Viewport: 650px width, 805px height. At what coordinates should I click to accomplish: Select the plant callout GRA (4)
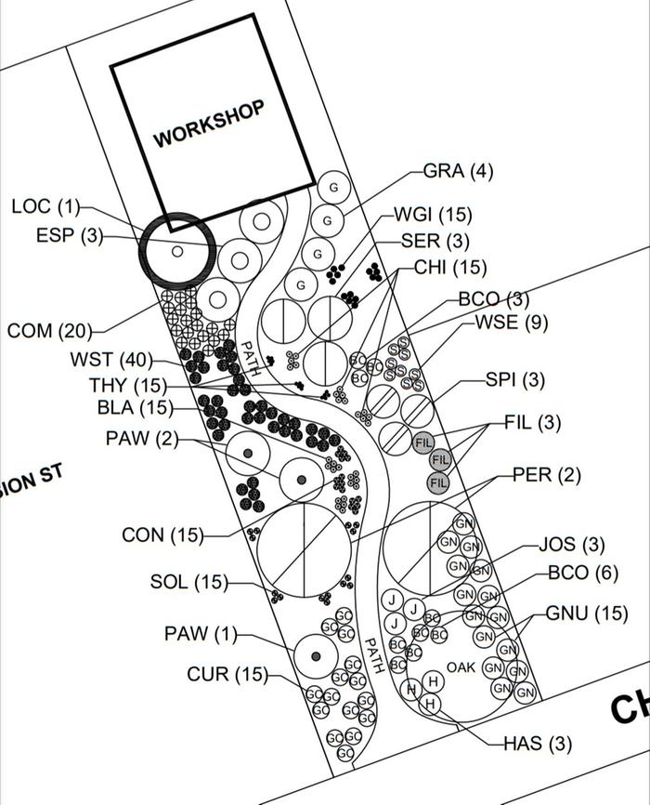pos(458,171)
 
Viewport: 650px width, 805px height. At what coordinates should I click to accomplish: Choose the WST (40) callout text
pos(104,360)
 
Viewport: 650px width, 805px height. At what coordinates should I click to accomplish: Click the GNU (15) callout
pos(586,614)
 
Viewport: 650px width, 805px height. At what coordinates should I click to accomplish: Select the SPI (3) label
pos(514,380)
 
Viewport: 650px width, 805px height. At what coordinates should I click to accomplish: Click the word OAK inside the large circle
pos(461,667)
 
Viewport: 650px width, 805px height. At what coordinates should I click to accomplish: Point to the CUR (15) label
pos(227,674)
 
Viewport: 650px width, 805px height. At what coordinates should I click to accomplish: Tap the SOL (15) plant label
pos(188,582)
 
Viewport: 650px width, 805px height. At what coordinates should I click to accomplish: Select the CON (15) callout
pos(162,535)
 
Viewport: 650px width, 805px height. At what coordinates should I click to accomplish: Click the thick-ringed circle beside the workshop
pos(177,250)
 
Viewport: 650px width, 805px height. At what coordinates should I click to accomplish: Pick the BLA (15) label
pos(135,407)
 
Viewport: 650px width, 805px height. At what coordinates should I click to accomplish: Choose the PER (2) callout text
pos(547,475)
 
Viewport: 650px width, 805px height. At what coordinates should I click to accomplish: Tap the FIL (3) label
pos(533,422)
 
